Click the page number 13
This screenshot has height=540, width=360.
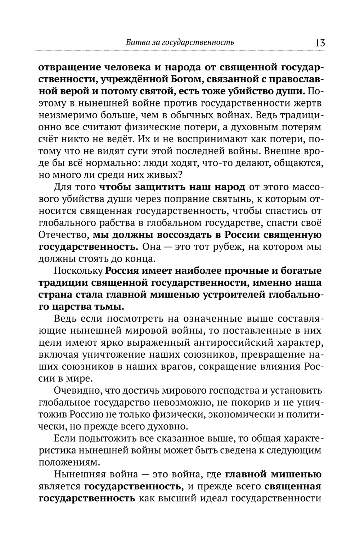(x=320, y=43)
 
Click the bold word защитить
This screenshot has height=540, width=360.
(x=164, y=187)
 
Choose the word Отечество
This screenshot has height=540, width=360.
(x=63, y=235)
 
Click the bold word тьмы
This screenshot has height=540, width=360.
(x=112, y=307)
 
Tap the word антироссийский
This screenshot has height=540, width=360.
(x=219, y=342)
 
